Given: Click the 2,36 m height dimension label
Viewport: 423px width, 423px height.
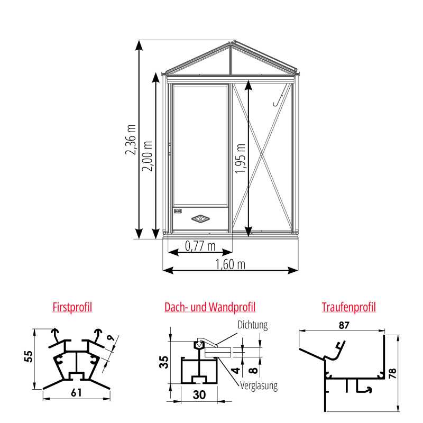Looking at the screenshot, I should (130, 140).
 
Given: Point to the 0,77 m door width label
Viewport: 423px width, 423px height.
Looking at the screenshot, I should (200, 246).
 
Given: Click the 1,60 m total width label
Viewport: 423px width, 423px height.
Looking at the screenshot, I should (231, 264).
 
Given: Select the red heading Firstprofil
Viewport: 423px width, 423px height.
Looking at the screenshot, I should (72, 307).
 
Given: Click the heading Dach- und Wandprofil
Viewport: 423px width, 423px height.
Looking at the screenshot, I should (210, 307).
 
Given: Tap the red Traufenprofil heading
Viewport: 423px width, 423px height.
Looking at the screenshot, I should (348, 307).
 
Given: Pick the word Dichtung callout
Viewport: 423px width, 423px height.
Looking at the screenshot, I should (253, 325).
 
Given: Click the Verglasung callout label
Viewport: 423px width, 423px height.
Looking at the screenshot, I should (259, 386).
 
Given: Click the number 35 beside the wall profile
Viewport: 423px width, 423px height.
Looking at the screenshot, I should (164, 362).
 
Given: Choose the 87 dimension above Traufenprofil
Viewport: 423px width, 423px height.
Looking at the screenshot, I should (344, 326).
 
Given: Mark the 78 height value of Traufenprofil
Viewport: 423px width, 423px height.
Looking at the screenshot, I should (406, 372).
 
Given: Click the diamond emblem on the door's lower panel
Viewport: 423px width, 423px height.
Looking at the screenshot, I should (200, 217).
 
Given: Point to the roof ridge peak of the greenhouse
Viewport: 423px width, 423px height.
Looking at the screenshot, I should (231, 44).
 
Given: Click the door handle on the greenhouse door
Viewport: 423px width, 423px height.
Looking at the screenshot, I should (170, 149).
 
